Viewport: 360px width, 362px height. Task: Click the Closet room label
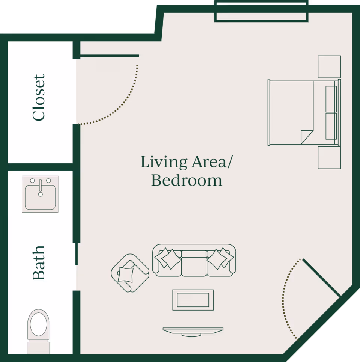click(x=39, y=97)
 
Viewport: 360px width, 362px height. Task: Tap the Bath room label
click(x=39, y=262)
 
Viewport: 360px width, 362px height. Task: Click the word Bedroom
click(x=187, y=180)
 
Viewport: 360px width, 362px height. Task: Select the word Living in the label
click(x=164, y=162)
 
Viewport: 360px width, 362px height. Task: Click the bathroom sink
click(x=40, y=194)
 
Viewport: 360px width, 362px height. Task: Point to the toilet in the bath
click(x=39, y=332)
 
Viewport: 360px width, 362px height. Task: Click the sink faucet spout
click(x=40, y=185)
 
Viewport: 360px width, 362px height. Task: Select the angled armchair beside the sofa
click(x=130, y=273)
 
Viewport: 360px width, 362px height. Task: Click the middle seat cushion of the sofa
click(x=194, y=264)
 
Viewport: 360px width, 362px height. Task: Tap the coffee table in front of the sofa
click(x=193, y=300)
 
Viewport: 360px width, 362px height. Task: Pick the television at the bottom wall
click(x=193, y=331)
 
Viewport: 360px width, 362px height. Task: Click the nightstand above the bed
click(x=329, y=67)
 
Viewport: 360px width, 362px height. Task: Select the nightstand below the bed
click(x=329, y=157)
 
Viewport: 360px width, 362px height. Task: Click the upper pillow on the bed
click(x=331, y=99)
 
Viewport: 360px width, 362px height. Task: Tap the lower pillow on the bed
click(x=331, y=126)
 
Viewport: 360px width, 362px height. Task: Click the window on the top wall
click(x=261, y=11)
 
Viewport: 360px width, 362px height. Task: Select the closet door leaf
click(x=109, y=56)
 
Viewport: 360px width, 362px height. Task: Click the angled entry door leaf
click(x=321, y=278)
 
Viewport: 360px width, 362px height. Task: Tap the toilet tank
click(x=39, y=348)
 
